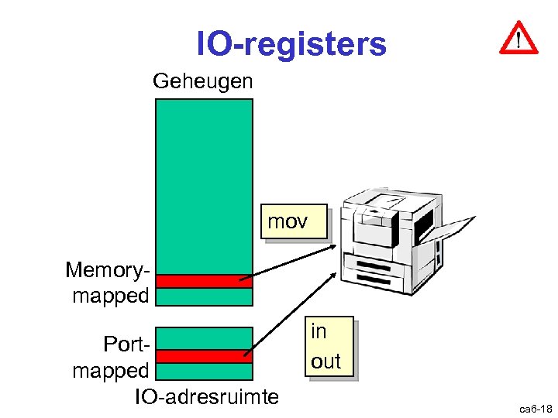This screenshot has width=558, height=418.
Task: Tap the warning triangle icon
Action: [518, 38]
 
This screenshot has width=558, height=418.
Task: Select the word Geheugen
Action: [203, 81]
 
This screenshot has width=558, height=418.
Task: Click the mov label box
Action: [288, 223]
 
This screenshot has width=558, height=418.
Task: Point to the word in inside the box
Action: [319, 331]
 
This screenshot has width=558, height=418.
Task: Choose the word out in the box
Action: [325, 361]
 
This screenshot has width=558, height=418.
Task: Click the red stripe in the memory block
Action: [204, 281]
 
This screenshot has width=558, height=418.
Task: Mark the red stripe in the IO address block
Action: [204, 356]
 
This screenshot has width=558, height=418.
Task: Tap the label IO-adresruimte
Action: [206, 397]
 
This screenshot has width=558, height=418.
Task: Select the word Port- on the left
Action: [125, 342]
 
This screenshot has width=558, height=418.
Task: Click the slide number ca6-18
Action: [536, 407]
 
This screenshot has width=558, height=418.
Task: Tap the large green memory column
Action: [204, 186]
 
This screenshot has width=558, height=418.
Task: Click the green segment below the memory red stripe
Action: [204, 297]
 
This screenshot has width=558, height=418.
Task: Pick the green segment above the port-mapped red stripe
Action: [204, 338]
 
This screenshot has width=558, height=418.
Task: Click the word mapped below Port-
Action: [110, 371]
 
